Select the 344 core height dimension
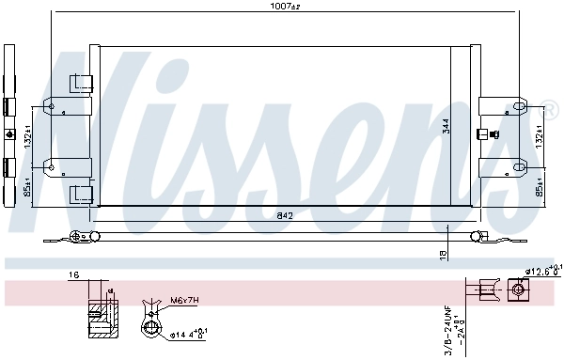[x=446, y=125]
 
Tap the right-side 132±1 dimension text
[x=540, y=137]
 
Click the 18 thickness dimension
[x=441, y=254]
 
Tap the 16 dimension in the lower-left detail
[x=73, y=274]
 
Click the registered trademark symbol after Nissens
[x=550, y=104]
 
